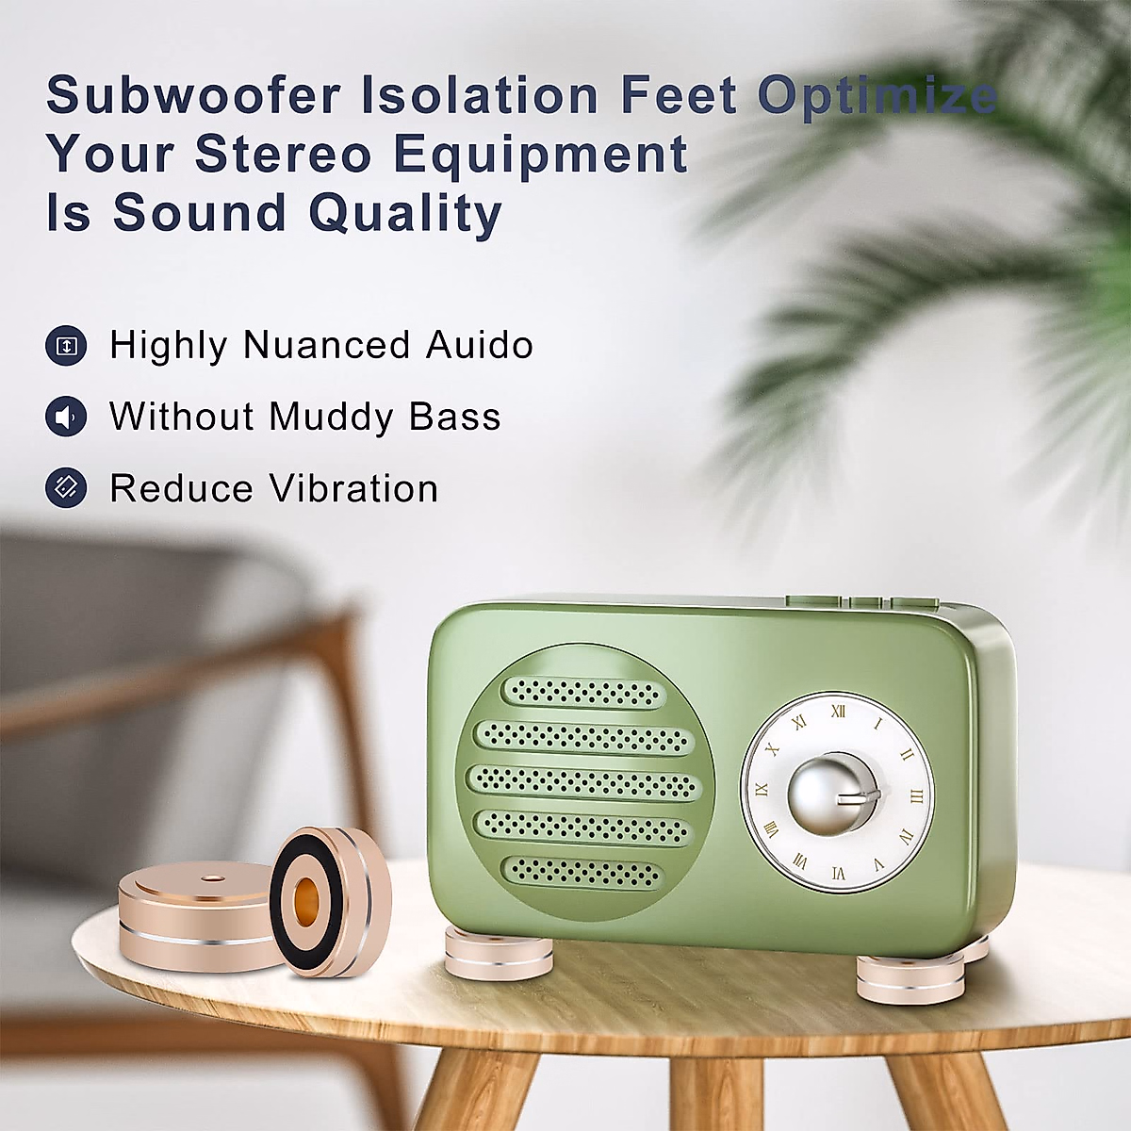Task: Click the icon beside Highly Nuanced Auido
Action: coord(66,346)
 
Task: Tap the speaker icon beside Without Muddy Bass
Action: coord(66,417)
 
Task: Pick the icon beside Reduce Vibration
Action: coord(66,488)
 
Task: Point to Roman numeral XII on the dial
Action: coord(837,713)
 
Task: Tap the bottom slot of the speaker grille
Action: coord(582,872)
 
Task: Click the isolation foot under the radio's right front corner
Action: coord(908,976)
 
